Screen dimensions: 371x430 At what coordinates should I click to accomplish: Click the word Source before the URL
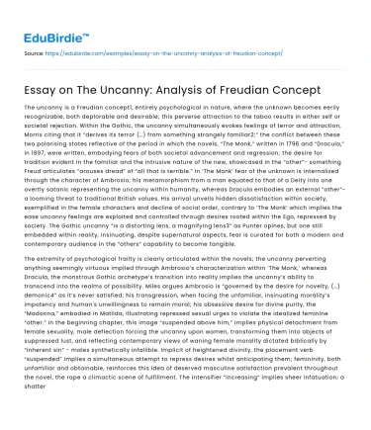point(34,48)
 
